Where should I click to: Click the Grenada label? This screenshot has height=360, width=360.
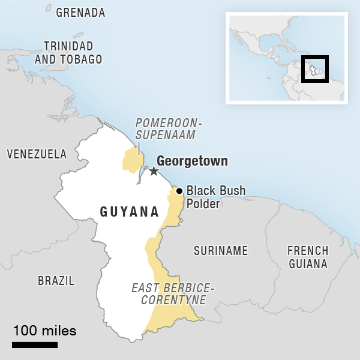pos(80,13)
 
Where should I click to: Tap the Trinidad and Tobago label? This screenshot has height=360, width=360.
pos(68,52)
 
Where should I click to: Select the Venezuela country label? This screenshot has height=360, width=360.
pos(37,154)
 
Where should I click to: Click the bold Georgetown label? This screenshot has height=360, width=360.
pos(192,161)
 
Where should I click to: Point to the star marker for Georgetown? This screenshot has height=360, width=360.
pos(154,171)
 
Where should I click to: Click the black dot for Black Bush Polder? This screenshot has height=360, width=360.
pos(179,191)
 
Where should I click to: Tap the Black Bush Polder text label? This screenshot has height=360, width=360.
pos(215,197)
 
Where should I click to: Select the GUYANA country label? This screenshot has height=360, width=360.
pos(130,212)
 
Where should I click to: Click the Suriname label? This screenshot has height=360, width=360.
pos(220,251)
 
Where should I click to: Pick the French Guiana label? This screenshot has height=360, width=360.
pos(307,257)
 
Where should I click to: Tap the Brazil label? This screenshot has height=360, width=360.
pos(56,280)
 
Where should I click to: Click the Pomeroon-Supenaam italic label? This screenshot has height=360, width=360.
pos(169,129)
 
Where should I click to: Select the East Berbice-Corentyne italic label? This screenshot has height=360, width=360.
pos(173,293)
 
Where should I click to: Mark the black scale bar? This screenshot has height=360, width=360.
pos(35,345)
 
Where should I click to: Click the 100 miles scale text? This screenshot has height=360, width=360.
pos(44,331)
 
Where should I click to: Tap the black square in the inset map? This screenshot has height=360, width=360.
pos(314,69)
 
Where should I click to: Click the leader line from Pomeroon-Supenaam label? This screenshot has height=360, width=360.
pos(139,148)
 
